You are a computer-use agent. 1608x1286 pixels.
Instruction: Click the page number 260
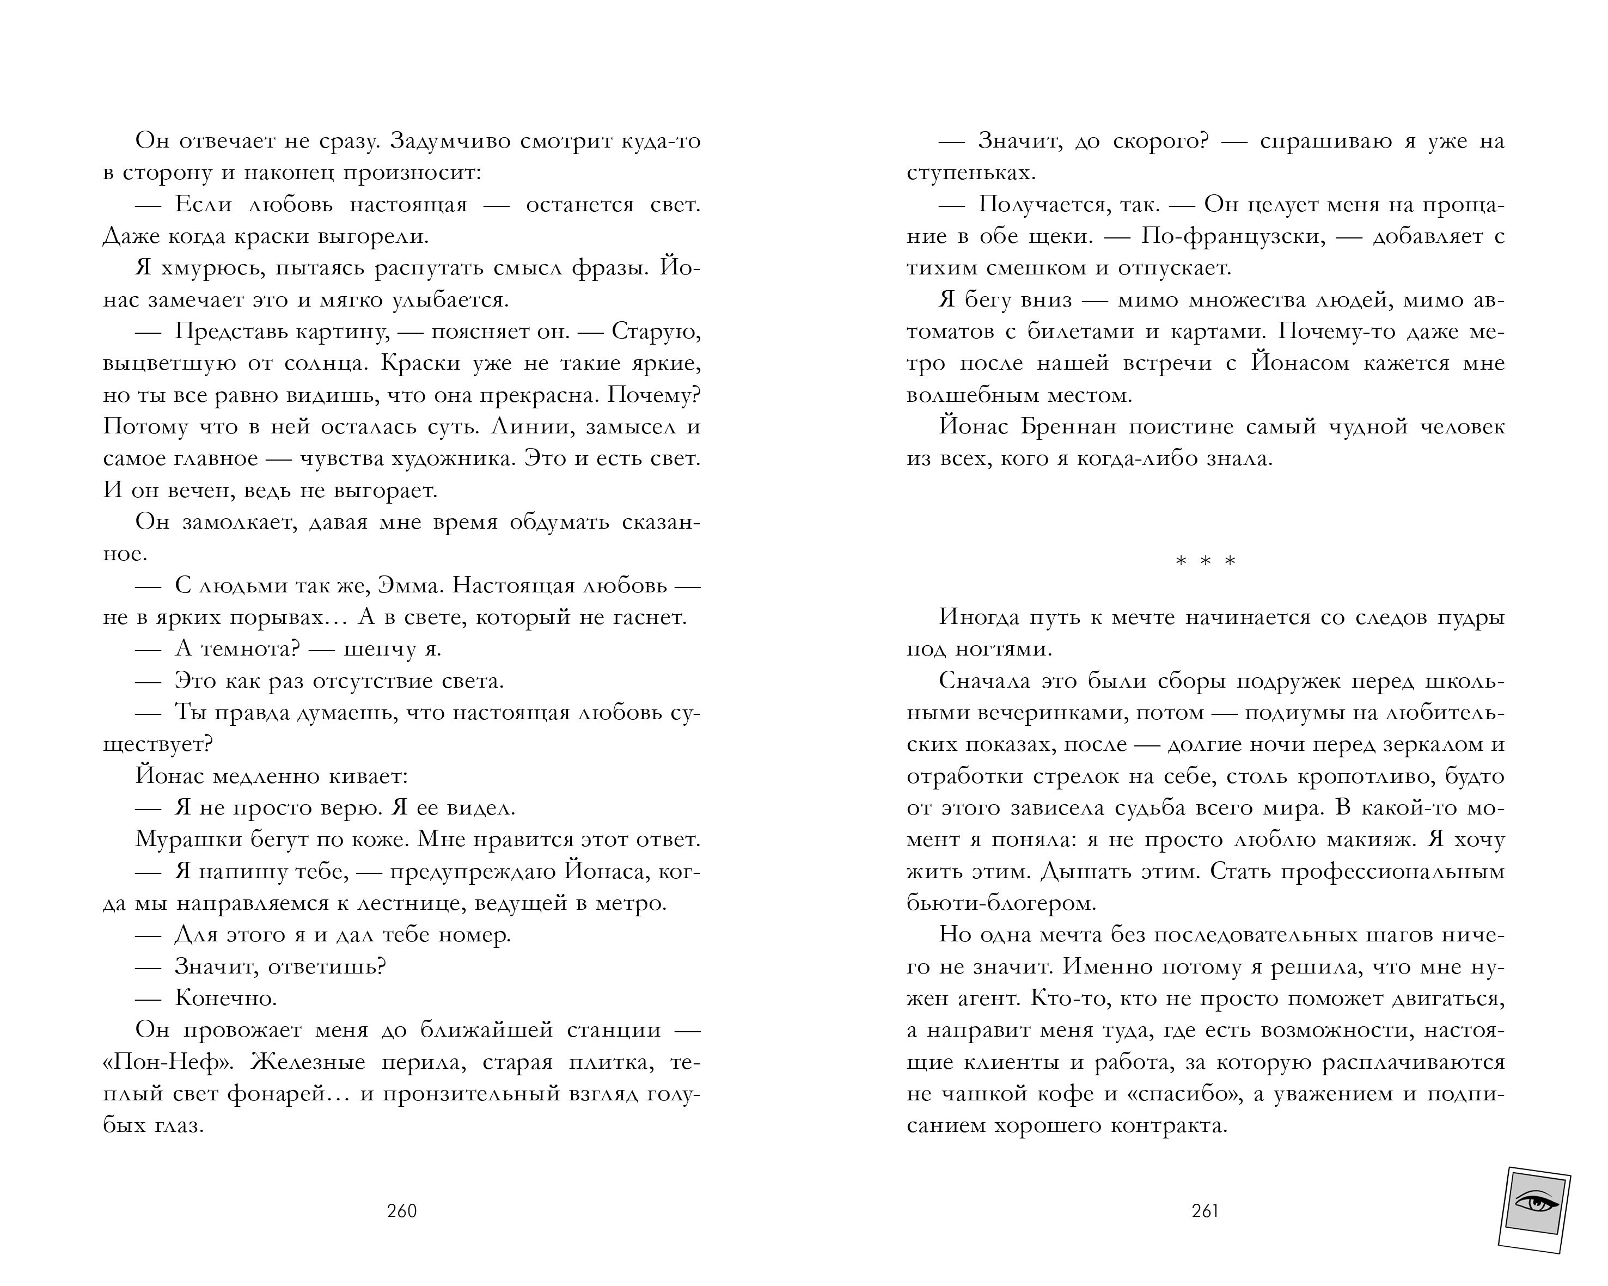tap(402, 1211)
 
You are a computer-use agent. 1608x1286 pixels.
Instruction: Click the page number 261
tap(1205, 1211)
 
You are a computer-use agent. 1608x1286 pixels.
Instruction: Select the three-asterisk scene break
tap(1205, 561)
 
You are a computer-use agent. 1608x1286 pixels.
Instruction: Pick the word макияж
tap(1368, 840)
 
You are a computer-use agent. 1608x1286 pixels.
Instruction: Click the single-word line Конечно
tap(226, 997)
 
